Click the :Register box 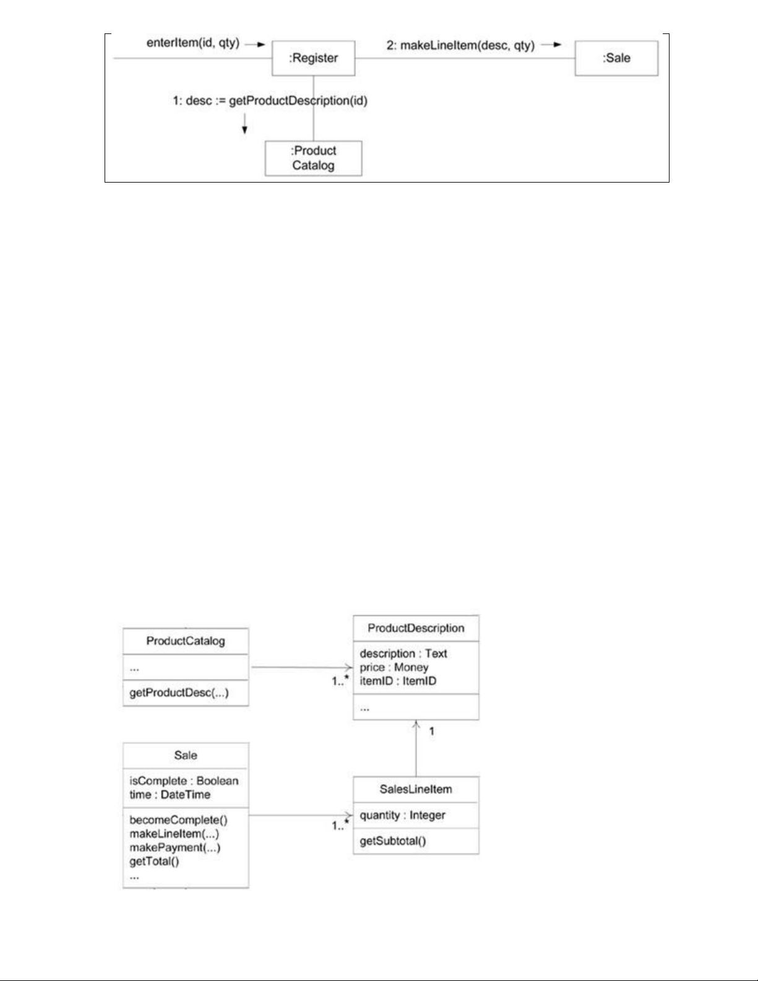[x=313, y=58]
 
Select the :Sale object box [x=616, y=58]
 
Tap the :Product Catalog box [x=313, y=158]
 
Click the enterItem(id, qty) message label [x=192, y=43]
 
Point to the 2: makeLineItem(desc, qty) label [x=460, y=46]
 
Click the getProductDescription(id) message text [x=298, y=101]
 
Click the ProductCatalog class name [x=186, y=641]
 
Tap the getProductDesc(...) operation [x=179, y=693]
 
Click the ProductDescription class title [x=416, y=628]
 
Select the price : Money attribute [x=394, y=667]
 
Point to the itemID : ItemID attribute [x=398, y=681]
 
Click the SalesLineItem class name [x=416, y=789]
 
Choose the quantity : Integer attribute [x=402, y=815]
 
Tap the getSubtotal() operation [x=392, y=841]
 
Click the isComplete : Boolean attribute [x=184, y=781]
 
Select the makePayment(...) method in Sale [x=175, y=847]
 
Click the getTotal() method [x=154, y=862]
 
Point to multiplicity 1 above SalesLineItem [x=432, y=732]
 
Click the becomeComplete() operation [x=179, y=820]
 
